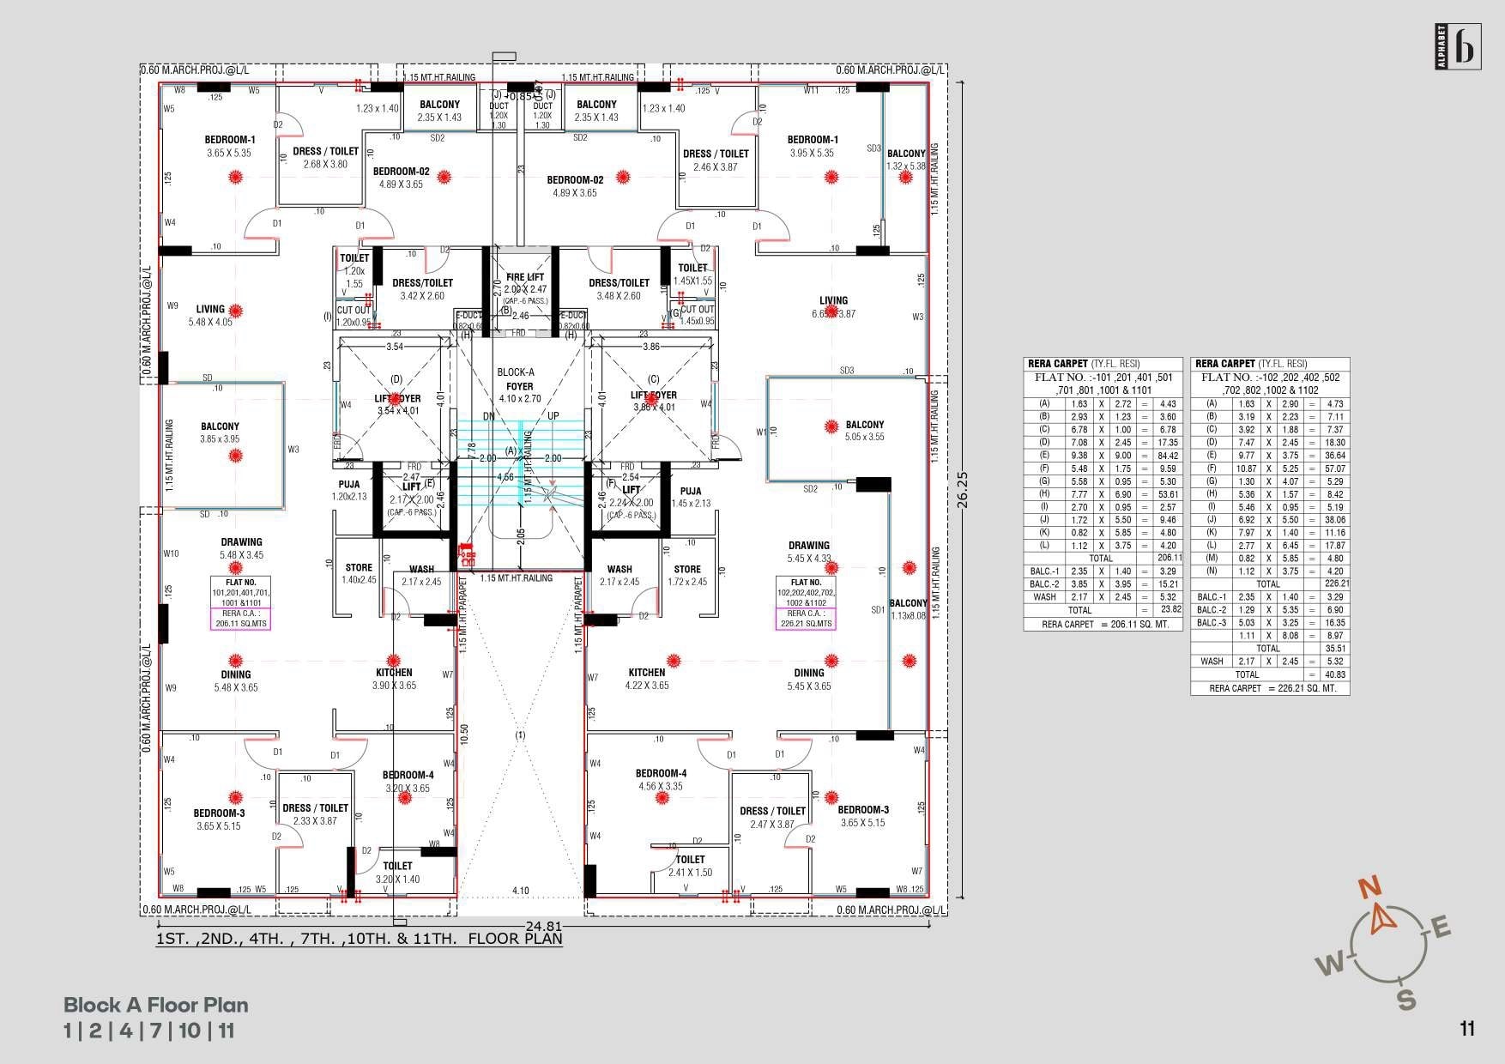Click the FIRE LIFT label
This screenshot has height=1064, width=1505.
click(x=525, y=278)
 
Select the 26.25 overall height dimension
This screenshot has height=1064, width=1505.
click(x=964, y=489)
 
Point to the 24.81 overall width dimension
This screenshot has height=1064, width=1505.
click(x=544, y=927)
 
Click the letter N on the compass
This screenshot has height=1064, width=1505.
click(x=1371, y=888)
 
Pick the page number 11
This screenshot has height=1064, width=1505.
click(x=1466, y=1028)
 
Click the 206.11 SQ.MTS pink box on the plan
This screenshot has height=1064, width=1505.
click(x=241, y=619)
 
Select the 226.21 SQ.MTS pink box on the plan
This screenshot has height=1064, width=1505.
click(x=805, y=619)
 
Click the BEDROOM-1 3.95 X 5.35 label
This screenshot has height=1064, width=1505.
click(x=813, y=147)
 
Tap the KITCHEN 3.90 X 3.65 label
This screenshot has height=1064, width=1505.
click(x=394, y=679)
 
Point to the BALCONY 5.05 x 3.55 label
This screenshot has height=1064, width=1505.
click(x=864, y=431)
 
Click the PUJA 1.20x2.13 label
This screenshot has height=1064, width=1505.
click(x=349, y=490)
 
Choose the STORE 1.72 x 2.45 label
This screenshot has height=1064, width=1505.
click(x=687, y=575)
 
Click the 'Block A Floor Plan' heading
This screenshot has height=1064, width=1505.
click(x=156, y=1005)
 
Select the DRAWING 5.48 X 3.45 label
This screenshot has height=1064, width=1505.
click(x=241, y=548)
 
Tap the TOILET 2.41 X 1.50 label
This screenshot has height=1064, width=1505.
click(x=691, y=866)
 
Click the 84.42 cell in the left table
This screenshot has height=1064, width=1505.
click(x=1167, y=456)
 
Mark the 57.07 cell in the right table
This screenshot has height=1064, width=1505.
click(x=1334, y=469)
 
